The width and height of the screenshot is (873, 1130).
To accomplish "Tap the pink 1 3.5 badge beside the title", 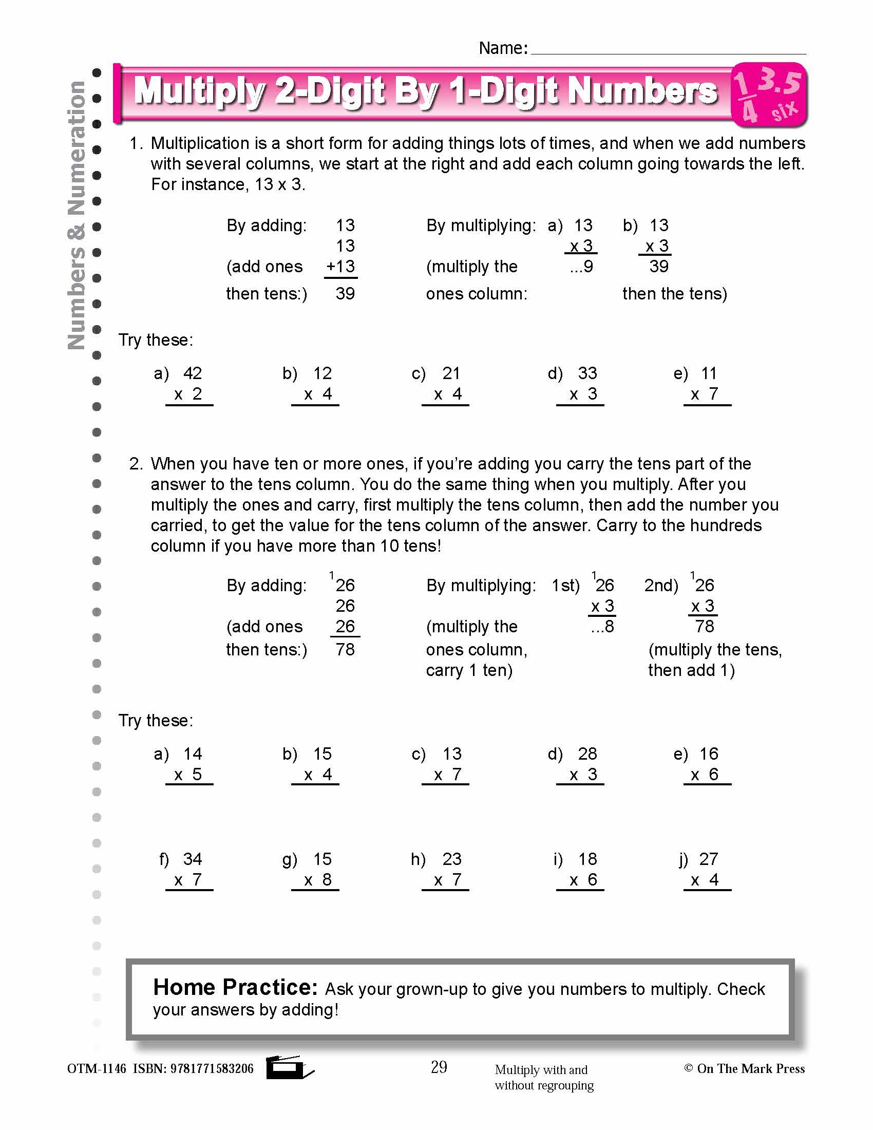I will pos(769,95).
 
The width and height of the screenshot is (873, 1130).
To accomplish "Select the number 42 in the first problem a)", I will pos(193,373).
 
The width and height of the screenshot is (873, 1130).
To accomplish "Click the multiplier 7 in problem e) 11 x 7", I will pos(714,394).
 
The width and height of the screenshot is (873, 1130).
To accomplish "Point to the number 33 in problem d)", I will pos(587,373).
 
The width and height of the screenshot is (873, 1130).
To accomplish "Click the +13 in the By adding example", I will pos(340,267).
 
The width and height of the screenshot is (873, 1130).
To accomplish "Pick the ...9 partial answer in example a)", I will pos(581,267).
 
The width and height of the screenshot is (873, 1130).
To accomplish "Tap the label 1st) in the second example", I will pos(565,585).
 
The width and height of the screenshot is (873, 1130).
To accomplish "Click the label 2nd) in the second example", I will pos(660,585).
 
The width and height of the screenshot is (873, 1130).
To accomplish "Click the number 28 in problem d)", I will pos(587,754).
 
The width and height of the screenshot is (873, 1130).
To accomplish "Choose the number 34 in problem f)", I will pos(193,859).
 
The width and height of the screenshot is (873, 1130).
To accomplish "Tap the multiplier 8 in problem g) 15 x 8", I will pos(327,880).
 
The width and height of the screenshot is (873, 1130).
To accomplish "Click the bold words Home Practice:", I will pos(235,988).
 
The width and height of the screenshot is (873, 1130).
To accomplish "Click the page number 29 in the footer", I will pos(439,1067).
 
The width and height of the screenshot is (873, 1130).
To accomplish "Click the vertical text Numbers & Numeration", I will pos(77,215).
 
